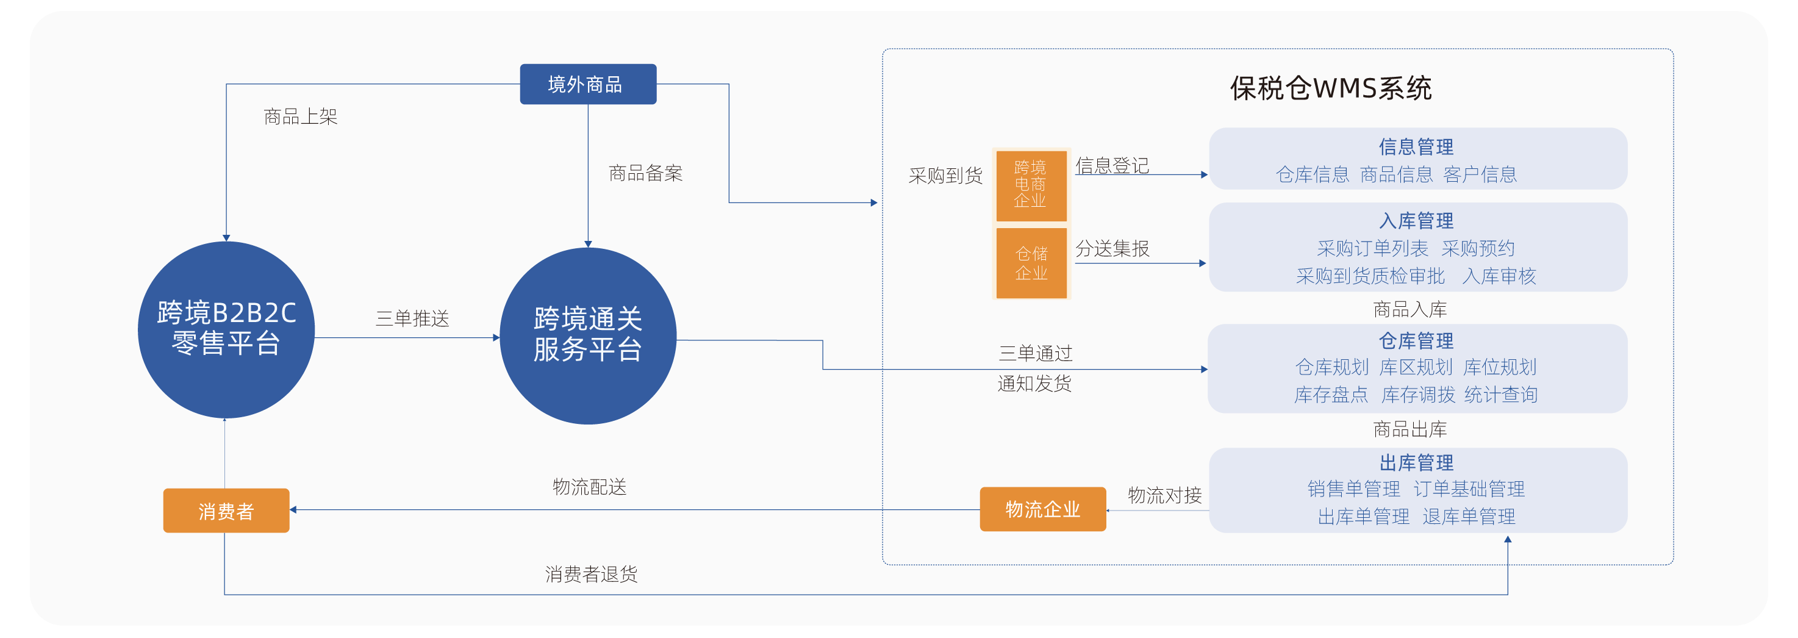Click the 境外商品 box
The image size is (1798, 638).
[x=588, y=84]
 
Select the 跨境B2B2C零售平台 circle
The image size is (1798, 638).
[x=226, y=329]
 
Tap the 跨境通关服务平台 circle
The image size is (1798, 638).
[x=588, y=335]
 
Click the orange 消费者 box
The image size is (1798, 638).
[x=226, y=511]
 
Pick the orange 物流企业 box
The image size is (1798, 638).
[x=1042, y=509]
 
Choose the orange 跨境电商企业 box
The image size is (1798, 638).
[x=1030, y=185]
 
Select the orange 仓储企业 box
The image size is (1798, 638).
[x=1031, y=263]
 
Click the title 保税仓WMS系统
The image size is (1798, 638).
[x=1330, y=88]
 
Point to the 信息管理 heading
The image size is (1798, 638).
[x=1416, y=146]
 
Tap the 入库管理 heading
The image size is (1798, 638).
[x=1416, y=221]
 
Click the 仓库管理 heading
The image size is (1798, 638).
[x=1416, y=340]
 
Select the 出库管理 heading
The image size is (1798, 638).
[x=1416, y=462]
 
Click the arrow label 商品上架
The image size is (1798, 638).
[x=301, y=116]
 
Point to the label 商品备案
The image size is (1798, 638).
[x=646, y=173]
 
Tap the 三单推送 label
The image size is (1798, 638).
[x=412, y=319]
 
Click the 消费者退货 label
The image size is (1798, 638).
[x=591, y=574]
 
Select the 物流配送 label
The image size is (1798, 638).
[x=590, y=487]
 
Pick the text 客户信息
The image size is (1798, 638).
[x=1480, y=174]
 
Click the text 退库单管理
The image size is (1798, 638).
[x=1469, y=517]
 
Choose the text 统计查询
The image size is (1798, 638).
[x=1500, y=395]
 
